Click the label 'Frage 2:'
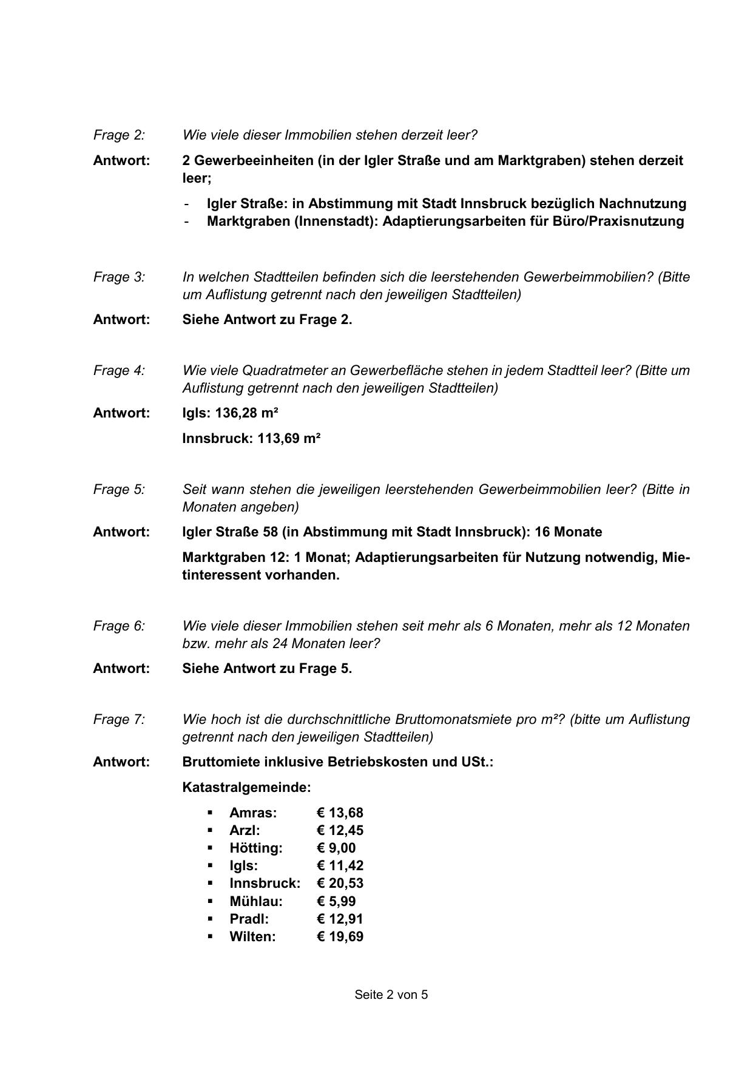[119, 135]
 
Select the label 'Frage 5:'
[119, 490]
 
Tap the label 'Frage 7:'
[119, 720]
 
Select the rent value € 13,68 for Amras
[340, 813]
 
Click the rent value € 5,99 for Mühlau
[336, 902]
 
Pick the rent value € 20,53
[340, 884]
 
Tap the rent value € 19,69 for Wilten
[340, 937]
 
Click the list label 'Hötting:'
[256, 848]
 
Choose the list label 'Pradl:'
[249, 919]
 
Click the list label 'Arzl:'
[245, 831]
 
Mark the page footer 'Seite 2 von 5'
[391, 995]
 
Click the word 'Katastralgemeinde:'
[246, 788]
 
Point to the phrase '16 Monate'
[569, 532]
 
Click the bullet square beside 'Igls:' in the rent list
[210, 865]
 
